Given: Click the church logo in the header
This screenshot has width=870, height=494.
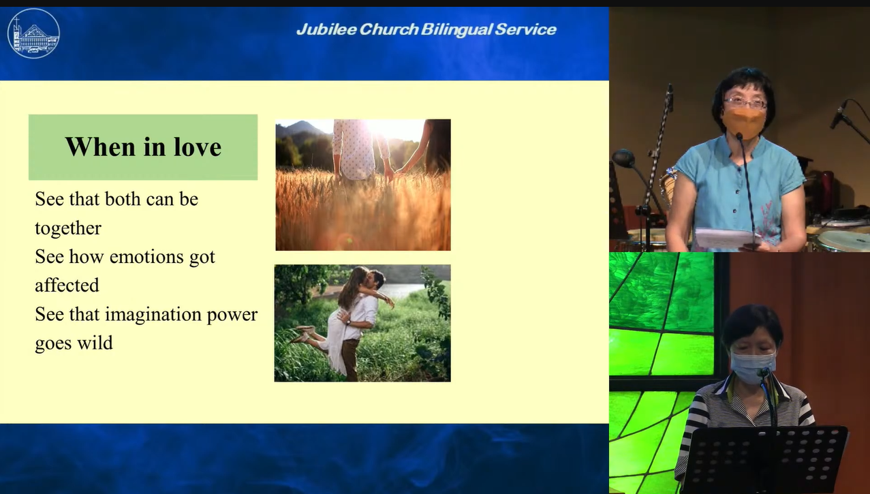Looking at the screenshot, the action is click(33, 33).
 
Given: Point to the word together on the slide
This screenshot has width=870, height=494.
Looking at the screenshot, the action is click(68, 228).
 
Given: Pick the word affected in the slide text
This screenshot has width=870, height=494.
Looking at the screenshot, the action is click(67, 285).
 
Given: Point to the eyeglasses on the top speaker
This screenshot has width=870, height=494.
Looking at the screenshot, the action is click(745, 104).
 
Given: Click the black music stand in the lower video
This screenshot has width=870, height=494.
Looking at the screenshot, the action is click(765, 459).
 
